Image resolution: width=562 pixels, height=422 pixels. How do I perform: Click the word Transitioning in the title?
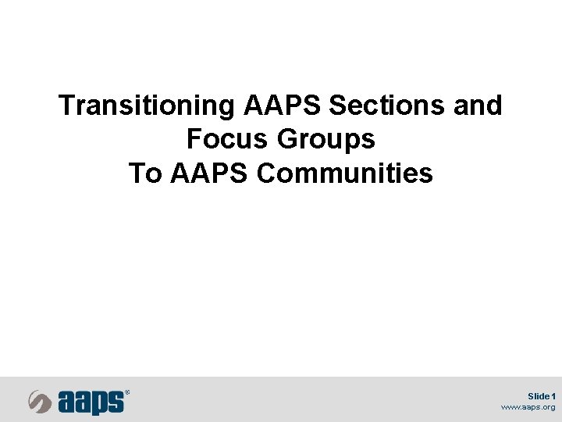tap(148, 105)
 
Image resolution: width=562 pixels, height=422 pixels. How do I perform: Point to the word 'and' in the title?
tap(478, 105)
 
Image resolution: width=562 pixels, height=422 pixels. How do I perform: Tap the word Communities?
tap(344, 173)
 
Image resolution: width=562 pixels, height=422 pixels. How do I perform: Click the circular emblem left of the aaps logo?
tap(41, 402)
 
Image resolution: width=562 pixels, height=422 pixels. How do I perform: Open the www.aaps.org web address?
tap(528, 407)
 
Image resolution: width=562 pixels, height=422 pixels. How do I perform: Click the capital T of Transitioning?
tap(67, 105)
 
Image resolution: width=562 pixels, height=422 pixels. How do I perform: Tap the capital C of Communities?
tap(266, 173)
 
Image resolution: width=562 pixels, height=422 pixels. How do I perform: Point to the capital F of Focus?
tap(194, 140)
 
